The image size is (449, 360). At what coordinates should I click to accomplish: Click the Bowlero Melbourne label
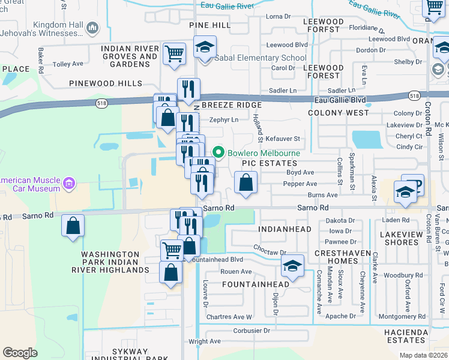tap(263, 153)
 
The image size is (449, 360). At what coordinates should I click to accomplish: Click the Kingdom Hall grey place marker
tap(92, 28)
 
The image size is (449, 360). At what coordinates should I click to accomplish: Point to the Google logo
tap(20, 352)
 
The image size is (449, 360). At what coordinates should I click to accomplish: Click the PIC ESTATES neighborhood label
tap(270, 163)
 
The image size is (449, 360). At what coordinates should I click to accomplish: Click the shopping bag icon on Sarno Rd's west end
tap(73, 227)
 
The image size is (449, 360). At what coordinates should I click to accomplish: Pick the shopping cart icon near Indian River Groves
tap(174, 53)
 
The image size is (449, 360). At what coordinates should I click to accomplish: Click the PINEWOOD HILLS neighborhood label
tap(106, 83)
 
